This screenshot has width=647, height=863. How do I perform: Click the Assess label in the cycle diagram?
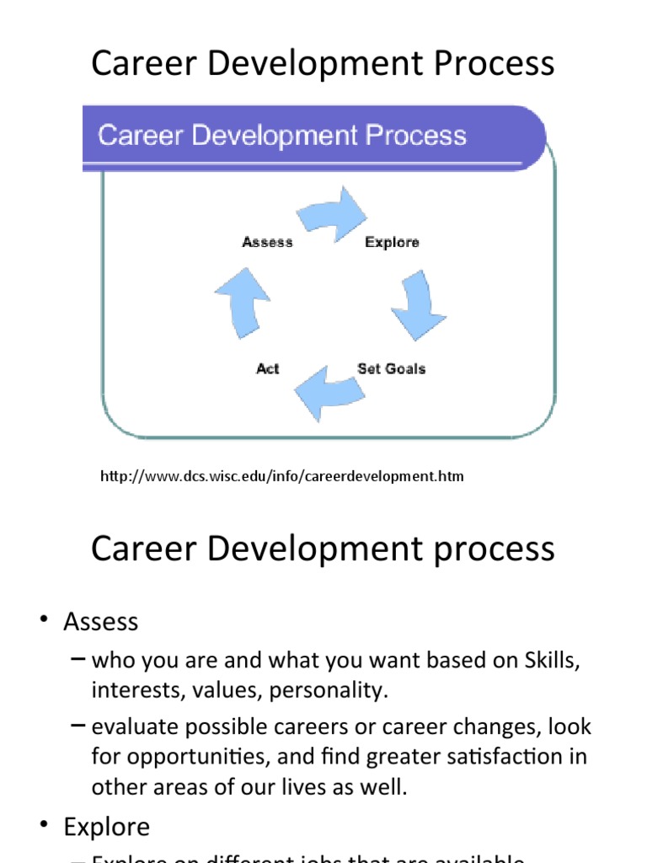267,242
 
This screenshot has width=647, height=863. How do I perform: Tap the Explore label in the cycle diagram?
392,242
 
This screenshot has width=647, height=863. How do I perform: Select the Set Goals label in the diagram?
391,368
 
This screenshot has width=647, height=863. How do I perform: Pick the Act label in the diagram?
267,368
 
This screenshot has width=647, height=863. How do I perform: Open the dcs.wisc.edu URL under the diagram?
282,477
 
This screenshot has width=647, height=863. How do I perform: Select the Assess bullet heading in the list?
100,622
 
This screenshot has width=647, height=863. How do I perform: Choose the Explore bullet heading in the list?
106,827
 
